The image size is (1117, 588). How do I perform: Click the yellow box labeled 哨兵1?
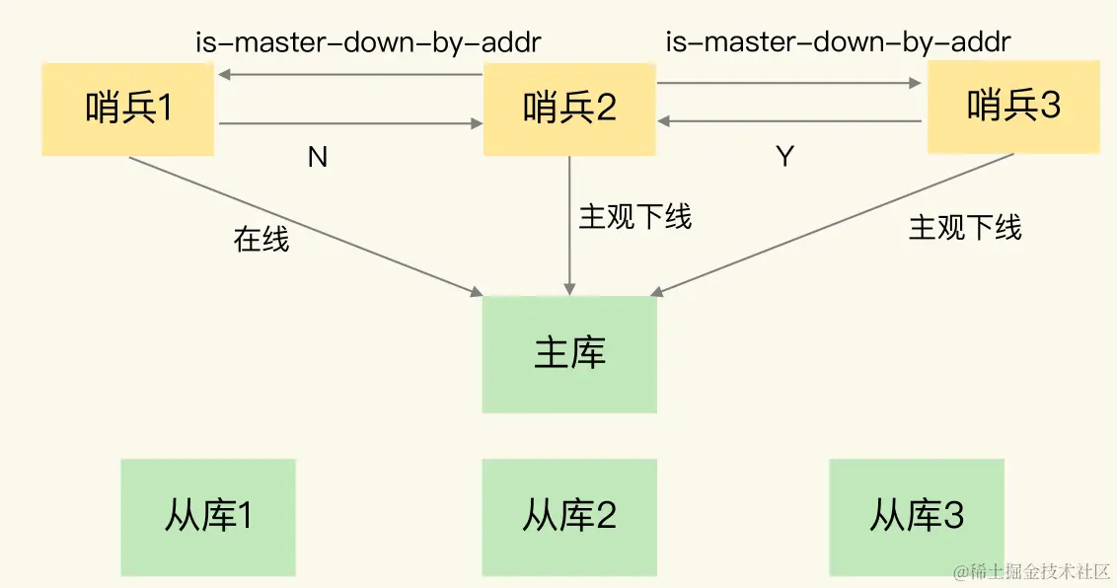tap(128, 108)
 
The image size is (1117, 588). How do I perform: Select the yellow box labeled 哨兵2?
tap(569, 108)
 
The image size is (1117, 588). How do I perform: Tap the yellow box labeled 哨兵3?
tap(1013, 107)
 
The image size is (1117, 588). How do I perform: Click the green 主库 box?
tap(569, 354)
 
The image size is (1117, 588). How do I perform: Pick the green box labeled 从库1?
tap(208, 517)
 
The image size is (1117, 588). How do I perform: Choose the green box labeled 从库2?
tap(569, 517)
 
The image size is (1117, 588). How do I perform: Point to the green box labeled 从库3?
tap(917, 517)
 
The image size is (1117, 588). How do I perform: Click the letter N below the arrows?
tap(318, 157)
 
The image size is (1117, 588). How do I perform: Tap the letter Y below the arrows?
tap(785, 157)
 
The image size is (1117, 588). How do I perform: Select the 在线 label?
tap(261, 239)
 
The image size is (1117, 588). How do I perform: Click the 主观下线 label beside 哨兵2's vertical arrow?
tap(635, 217)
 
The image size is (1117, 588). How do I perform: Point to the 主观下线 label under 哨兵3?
tap(965, 228)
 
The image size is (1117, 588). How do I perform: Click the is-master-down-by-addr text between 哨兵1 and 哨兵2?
tap(368, 42)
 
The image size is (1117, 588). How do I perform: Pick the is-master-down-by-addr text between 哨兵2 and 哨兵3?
tap(839, 42)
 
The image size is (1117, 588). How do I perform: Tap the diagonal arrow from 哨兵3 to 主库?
tap(834, 224)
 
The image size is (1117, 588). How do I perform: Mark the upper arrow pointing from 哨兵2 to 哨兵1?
tap(349, 75)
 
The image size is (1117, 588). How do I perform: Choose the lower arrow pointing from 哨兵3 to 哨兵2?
tap(790, 122)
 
